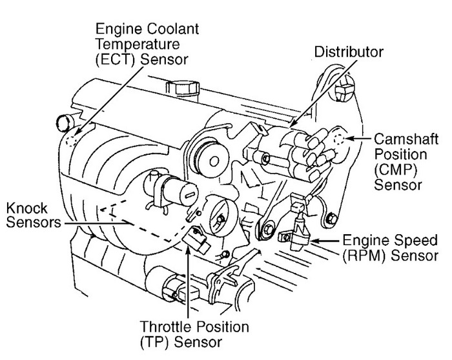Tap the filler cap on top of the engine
click(x=177, y=87)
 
